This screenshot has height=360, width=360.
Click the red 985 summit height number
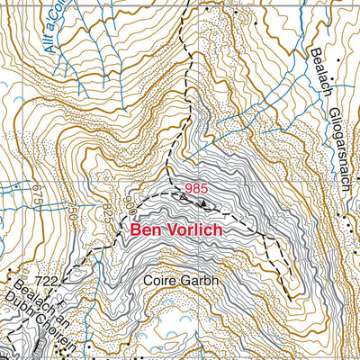click(195, 188)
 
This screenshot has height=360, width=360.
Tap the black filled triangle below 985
click(202, 202)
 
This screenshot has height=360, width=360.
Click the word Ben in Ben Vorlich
click(146, 230)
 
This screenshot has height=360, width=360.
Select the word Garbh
click(202, 280)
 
